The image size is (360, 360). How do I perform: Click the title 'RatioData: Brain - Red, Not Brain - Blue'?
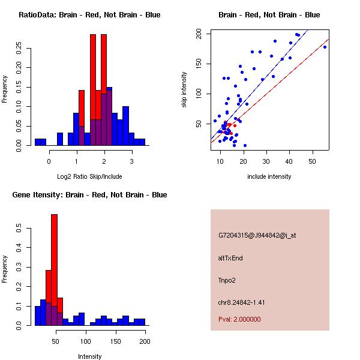89,15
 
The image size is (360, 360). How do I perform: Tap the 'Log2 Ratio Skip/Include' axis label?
89,177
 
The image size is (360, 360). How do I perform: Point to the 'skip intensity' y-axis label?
185,90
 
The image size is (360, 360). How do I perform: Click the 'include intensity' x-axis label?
269,177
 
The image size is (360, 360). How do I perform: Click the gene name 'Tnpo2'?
227,280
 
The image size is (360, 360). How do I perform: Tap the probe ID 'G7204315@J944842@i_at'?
257,235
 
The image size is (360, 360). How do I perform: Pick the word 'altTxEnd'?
231,258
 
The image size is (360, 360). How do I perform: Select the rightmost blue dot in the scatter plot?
325,47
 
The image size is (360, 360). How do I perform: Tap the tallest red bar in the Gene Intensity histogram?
54,270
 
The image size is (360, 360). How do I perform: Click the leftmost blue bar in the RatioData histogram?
40,142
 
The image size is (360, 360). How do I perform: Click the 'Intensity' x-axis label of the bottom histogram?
89,356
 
